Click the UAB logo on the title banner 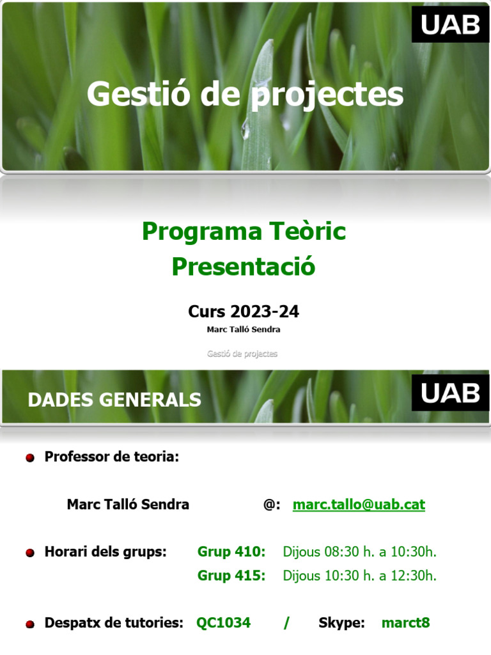click(x=450, y=25)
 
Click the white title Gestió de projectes click(x=245, y=94)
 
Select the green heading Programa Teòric click(x=244, y=232)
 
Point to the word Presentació click(x=244, y=266)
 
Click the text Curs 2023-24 click(x=244, y=312)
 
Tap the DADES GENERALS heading click(x=114, y=400)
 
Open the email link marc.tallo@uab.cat click(x=359, y=505)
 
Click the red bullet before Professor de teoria click(x=30, y=459)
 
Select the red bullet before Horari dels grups click(x=30, y=553)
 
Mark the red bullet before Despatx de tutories click(x=30, y=624)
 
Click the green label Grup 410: click(x=231, y=552)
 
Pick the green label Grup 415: click(x=231, y=576)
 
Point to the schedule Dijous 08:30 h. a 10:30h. click(x=359, y=552)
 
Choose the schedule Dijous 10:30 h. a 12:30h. click(x=359, y=576)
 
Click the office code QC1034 click(x=224, y=622)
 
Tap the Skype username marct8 click(x=405, y=622)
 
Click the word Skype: click(x=341, y=622)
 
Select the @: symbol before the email click(x=271, y=505)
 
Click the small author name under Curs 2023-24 click(x=244, y=330)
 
